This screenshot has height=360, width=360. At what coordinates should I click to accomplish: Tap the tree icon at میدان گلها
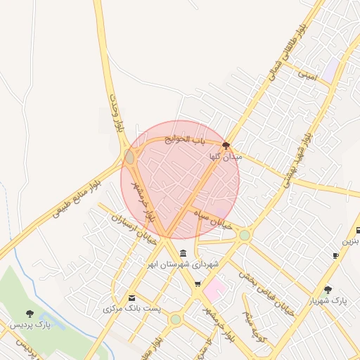226,146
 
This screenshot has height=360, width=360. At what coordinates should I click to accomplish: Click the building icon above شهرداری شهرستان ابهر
184,253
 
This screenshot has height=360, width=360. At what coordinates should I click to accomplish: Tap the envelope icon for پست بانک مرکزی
131,298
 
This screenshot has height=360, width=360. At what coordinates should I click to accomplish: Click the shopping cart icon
198,284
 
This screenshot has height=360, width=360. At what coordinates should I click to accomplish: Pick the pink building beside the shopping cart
215,288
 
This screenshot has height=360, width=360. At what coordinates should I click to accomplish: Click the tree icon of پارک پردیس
30,314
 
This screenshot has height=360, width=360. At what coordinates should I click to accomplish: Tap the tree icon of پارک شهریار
328,289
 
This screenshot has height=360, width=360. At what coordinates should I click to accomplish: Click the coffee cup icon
335,255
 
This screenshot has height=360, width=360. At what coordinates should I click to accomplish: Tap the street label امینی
308,73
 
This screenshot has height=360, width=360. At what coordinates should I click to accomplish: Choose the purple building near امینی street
330,69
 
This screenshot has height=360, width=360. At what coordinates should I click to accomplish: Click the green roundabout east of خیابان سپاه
244,236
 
